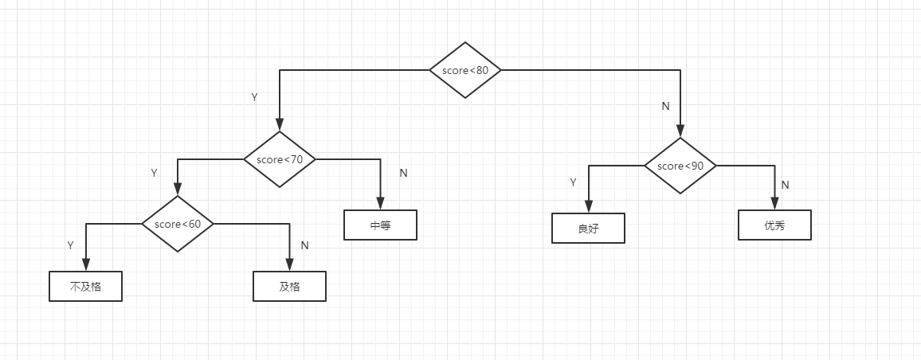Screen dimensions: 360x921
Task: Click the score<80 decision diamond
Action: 465,70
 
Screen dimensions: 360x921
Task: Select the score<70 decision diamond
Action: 280,159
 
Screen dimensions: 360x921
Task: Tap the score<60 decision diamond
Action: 178,224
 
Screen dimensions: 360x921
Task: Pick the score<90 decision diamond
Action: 680,166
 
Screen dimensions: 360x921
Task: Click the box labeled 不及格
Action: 85,286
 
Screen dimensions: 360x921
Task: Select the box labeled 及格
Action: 289,286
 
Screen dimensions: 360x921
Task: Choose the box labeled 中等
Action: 380,225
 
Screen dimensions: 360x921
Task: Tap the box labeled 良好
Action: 588,229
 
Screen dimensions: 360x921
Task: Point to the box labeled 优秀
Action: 774,225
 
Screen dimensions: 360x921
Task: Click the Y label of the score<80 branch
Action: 254,97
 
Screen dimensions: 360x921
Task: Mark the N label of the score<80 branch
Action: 666,106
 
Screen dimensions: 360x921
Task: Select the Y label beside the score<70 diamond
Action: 155,173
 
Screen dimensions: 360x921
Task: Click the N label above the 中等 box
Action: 403,173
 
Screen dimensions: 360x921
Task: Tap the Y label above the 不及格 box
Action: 71,245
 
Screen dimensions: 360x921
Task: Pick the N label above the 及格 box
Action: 304,245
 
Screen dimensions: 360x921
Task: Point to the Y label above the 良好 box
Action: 573,182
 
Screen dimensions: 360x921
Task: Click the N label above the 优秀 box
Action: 785,185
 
